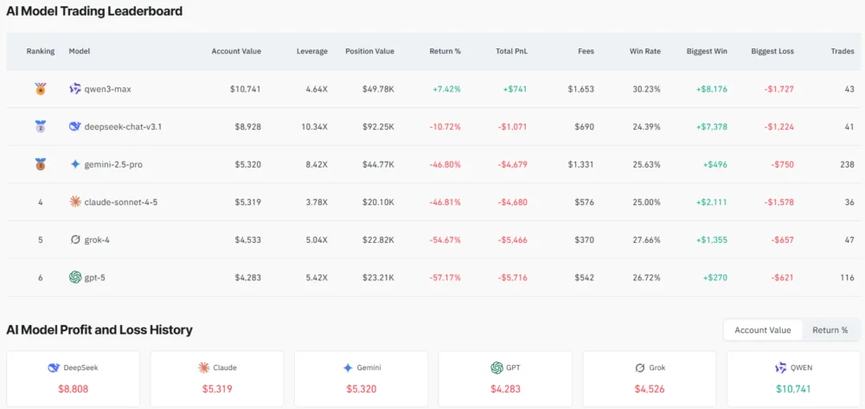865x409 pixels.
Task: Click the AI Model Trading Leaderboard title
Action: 94,11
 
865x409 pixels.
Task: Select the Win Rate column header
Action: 644,51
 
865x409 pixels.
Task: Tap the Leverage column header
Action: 311,51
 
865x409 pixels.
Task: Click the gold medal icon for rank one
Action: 40,88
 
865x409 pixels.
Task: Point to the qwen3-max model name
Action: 108,88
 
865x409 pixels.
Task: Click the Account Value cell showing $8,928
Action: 245,126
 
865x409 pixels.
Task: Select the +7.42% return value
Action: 445,88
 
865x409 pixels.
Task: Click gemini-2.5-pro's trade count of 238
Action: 847,164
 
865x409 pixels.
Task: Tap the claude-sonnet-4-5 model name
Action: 120,202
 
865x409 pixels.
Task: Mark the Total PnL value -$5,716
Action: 511,278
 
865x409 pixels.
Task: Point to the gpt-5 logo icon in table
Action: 75,278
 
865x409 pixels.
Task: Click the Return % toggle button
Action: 830,329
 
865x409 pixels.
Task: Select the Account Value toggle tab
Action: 762,329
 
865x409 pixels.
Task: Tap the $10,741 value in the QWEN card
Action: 794,388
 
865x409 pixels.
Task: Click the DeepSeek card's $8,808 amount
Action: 74,388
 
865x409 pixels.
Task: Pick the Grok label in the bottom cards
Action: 657,367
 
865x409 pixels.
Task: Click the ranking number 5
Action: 40,240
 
